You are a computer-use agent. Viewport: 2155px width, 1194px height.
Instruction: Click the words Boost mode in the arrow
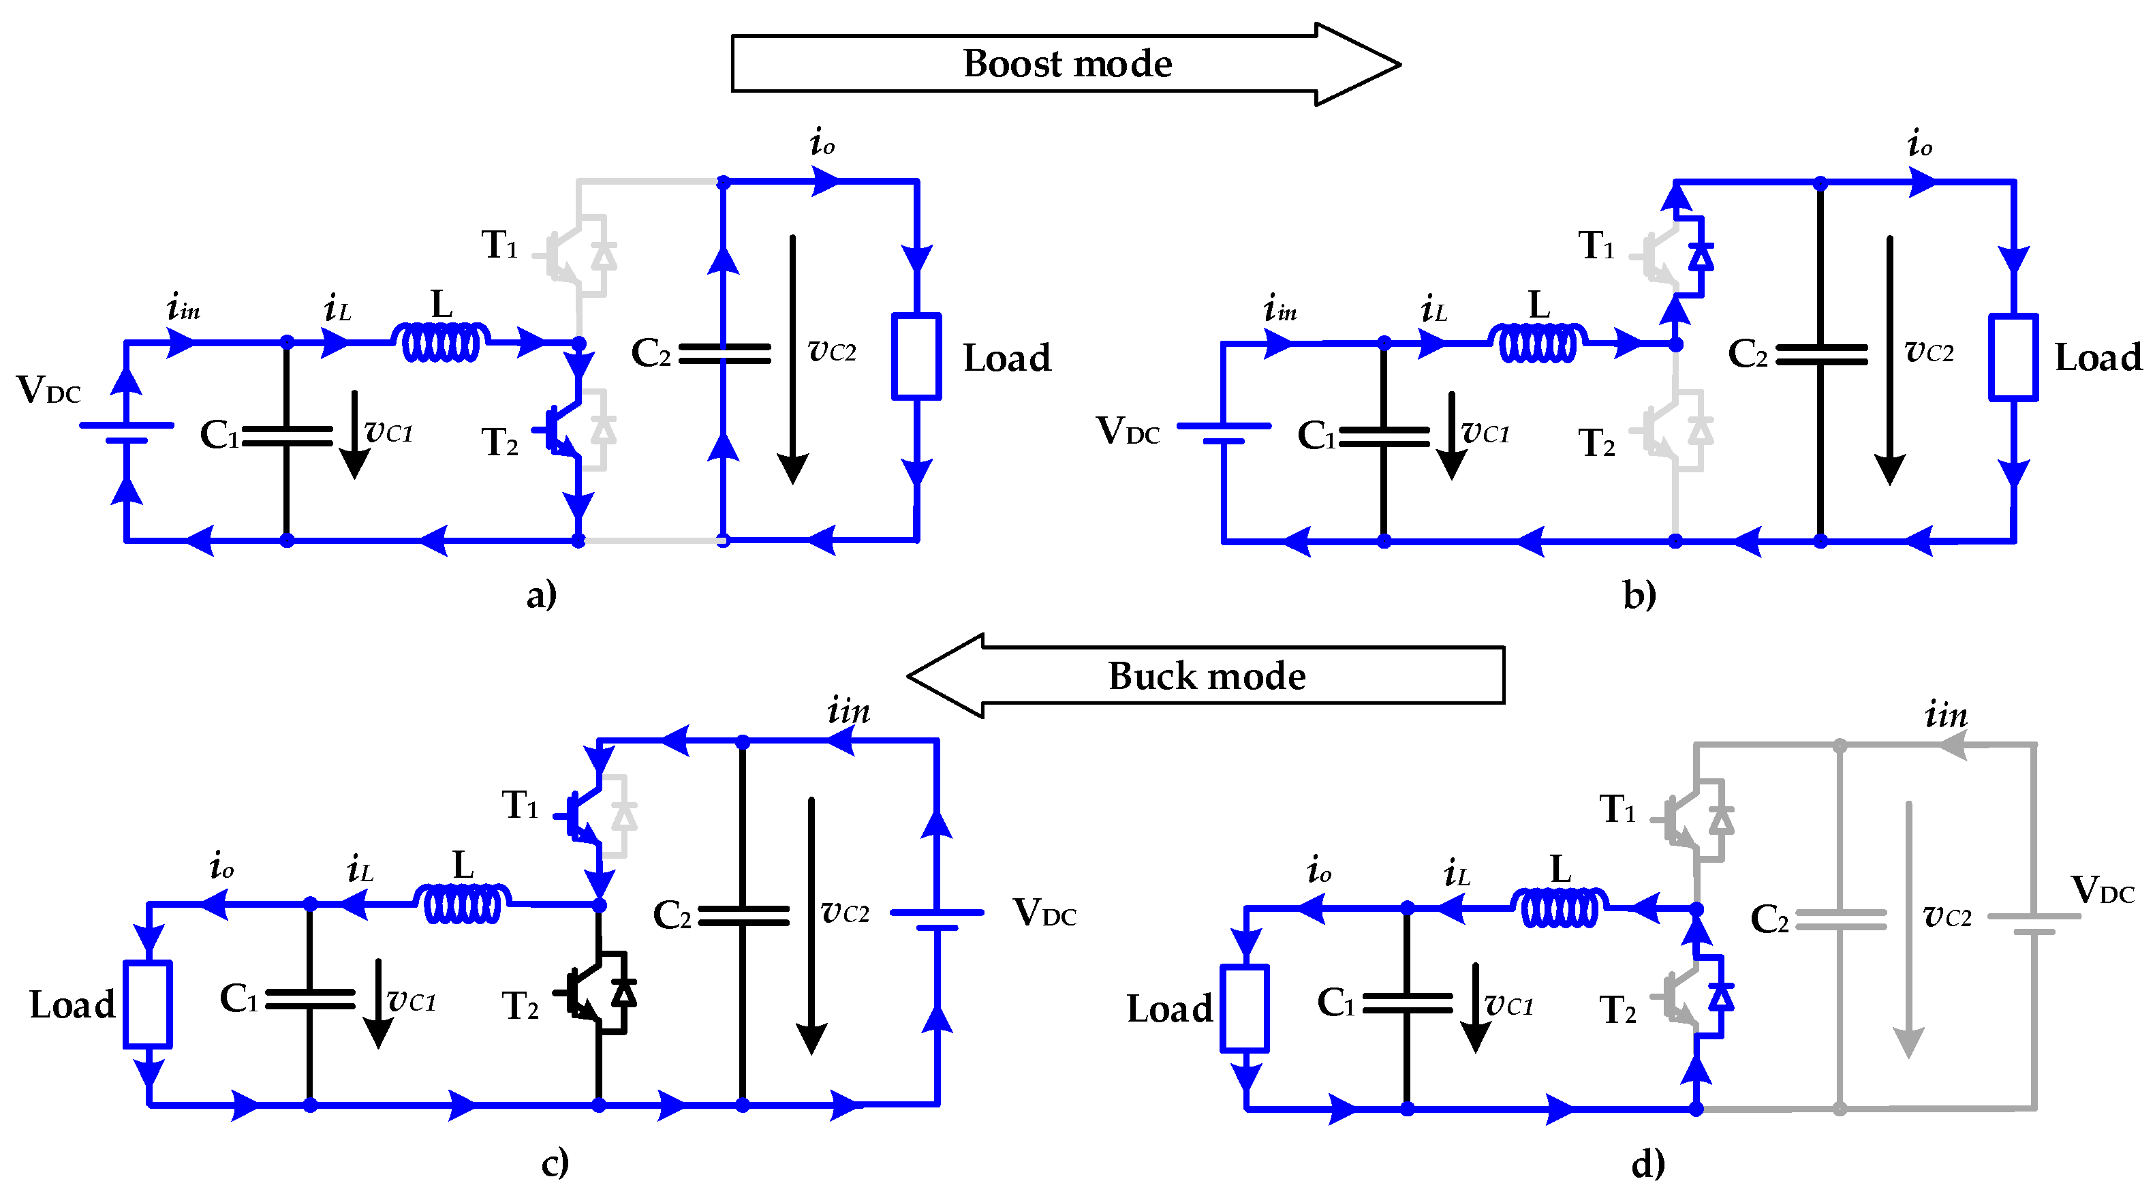coord(1068,63)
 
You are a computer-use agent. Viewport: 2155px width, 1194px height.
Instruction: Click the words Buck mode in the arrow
coord(1207,675)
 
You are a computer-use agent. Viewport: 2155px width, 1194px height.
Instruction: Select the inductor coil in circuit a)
coord(441,341)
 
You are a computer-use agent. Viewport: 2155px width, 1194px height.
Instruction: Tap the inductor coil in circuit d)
coord(1560,908)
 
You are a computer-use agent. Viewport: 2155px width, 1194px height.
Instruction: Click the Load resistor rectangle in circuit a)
coord(917,356)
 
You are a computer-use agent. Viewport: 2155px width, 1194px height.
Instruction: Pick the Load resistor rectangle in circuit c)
coord(148,1004)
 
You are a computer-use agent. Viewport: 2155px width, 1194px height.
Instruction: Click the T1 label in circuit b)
coord(1596,246)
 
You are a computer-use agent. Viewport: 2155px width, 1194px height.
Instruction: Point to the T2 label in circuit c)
coord(520,1006)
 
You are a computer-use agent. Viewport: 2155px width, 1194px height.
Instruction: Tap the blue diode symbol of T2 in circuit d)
coord(1721,996)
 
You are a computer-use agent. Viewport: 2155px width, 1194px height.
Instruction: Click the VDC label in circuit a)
coord(48,390)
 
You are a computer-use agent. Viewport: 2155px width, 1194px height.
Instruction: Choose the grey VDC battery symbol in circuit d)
coord(2034,923)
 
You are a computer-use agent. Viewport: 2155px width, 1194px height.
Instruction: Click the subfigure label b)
coord(1640,595)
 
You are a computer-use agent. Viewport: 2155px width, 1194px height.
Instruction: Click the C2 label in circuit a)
coord(651,353)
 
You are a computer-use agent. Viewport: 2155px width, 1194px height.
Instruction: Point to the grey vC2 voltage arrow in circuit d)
coord(1908,930)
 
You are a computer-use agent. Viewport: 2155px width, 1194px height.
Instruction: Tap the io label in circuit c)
coord(221,865)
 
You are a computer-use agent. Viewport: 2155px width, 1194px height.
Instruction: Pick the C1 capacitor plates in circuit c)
coord(311,999)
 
